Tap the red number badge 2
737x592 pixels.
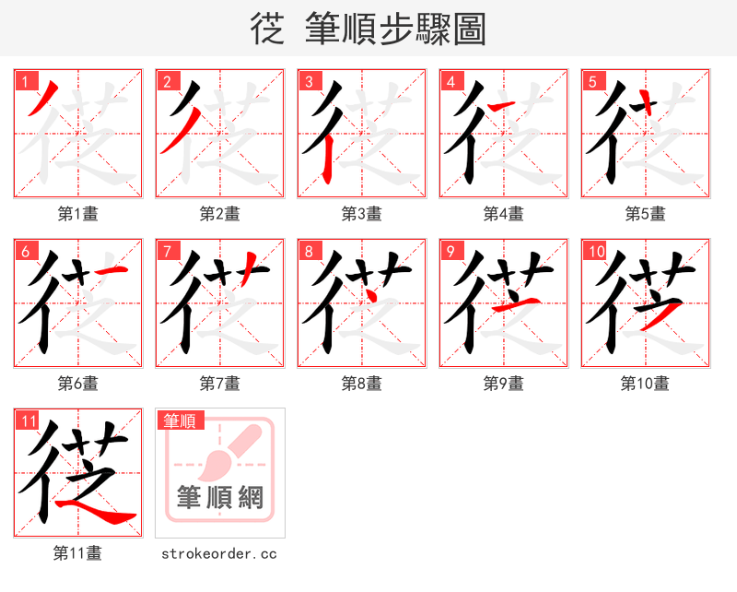[167, 81]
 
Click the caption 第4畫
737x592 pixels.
[503, 214]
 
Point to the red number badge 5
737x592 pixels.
[592, 81]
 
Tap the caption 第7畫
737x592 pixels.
[219, 384]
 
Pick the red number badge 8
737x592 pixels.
[309, 251]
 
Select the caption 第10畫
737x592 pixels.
[645, 384]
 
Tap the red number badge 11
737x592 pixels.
[27, 421]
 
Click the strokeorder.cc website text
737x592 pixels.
[219, 554]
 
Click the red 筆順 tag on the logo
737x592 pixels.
[180, 421]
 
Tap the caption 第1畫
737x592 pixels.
[77, 214]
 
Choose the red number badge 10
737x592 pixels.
[595, 251]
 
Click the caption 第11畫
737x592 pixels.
[77, 553]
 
